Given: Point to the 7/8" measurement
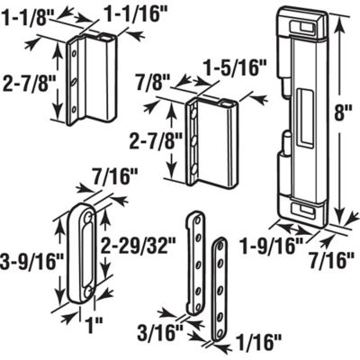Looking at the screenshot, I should (148, 80).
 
